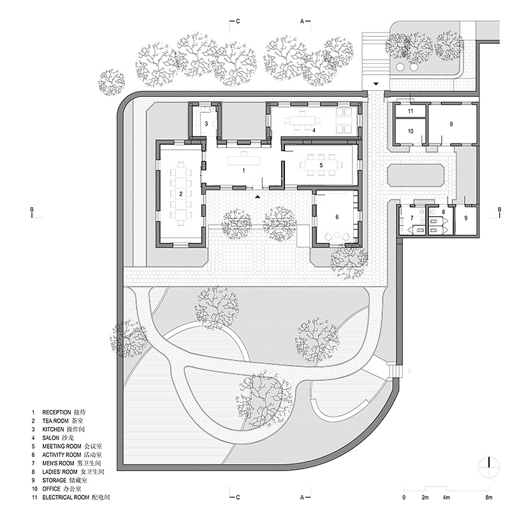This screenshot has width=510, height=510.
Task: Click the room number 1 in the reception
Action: coord(244,170)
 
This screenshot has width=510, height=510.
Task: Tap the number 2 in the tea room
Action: coord(181,194)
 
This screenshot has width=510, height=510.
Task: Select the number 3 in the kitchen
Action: coord(206,124)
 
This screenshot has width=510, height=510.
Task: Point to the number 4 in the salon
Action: coord(314,131)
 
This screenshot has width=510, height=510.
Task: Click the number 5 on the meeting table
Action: coord(321,165)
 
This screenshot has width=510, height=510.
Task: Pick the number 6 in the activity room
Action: coord(337,217)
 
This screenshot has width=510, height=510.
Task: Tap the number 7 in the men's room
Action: coord(412,218)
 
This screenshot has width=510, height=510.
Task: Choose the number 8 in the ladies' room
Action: coord(443,212)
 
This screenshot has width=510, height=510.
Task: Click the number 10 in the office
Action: coord(411,131)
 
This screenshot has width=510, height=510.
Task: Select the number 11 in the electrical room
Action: coord(411,111)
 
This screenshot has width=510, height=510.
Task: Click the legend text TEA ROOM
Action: coord(55,421)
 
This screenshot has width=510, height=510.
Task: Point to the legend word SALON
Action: coord(51,438)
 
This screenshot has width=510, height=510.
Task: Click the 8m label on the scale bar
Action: coord(489,497)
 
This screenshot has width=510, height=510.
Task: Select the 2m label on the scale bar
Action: coord(425,497)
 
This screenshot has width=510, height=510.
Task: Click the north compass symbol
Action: coord(489,467)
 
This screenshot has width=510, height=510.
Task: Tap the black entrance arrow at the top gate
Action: coord(376,84)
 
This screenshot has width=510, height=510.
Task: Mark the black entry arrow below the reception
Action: coord(258,196)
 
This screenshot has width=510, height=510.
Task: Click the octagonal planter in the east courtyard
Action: coord(416,175)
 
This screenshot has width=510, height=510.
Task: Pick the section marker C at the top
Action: coord(238,22)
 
